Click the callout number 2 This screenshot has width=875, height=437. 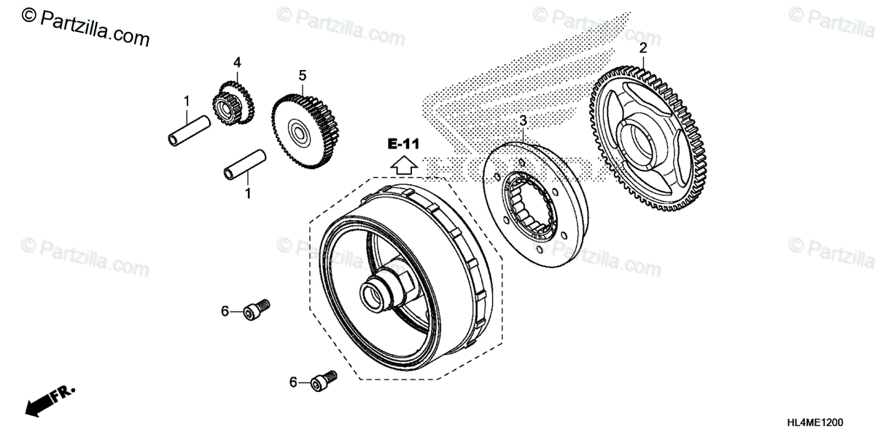(642, 49)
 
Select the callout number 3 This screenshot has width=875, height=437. (522, 121)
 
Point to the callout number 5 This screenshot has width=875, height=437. (302, 75)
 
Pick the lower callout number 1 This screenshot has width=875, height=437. (247, 194)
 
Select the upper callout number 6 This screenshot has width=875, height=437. (225, 312)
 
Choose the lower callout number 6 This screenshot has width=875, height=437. (294, 382)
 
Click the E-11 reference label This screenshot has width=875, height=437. (403, 144)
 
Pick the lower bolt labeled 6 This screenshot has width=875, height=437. (324, 379)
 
